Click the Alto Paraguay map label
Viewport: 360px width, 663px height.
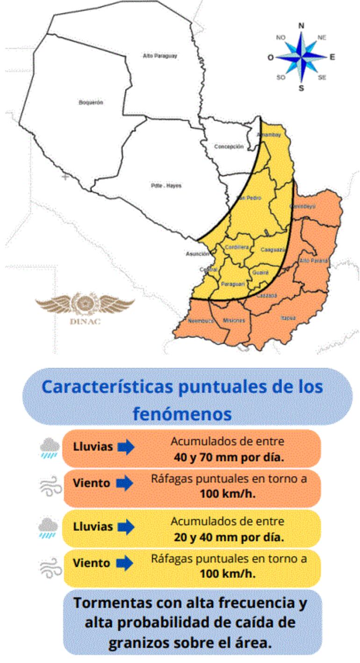click(160, 56)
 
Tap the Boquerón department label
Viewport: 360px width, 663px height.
click(91, 102)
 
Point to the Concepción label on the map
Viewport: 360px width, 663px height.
click(229, 146)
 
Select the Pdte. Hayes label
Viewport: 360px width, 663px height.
click(159, 186)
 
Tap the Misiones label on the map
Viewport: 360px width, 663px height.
click(234, 320)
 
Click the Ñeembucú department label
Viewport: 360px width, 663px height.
click(201, 321)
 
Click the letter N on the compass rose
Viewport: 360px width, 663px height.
click(302, 26)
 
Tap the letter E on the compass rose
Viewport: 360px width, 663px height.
click(332, 57)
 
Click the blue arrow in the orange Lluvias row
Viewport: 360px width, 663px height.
click(126, 447)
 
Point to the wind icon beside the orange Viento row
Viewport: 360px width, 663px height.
click(50, 486)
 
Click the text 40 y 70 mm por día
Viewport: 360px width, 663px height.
click(229, 457)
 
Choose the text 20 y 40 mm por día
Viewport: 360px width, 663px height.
click(229, 537)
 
